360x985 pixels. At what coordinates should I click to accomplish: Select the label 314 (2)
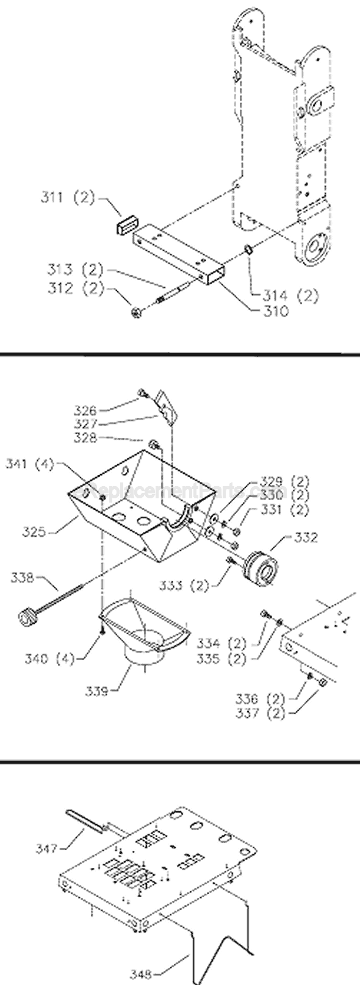click(x=290, y=297)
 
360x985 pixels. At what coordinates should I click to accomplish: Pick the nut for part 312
click(x=136, y=313)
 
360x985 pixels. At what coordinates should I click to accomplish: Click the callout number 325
click(x=34, y=532)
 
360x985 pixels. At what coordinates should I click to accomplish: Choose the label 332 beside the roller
click(x=306, y=538)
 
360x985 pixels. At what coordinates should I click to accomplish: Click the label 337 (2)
click(x=261, y=714)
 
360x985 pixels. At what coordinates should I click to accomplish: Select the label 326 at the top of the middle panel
click(x=85, y=410)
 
